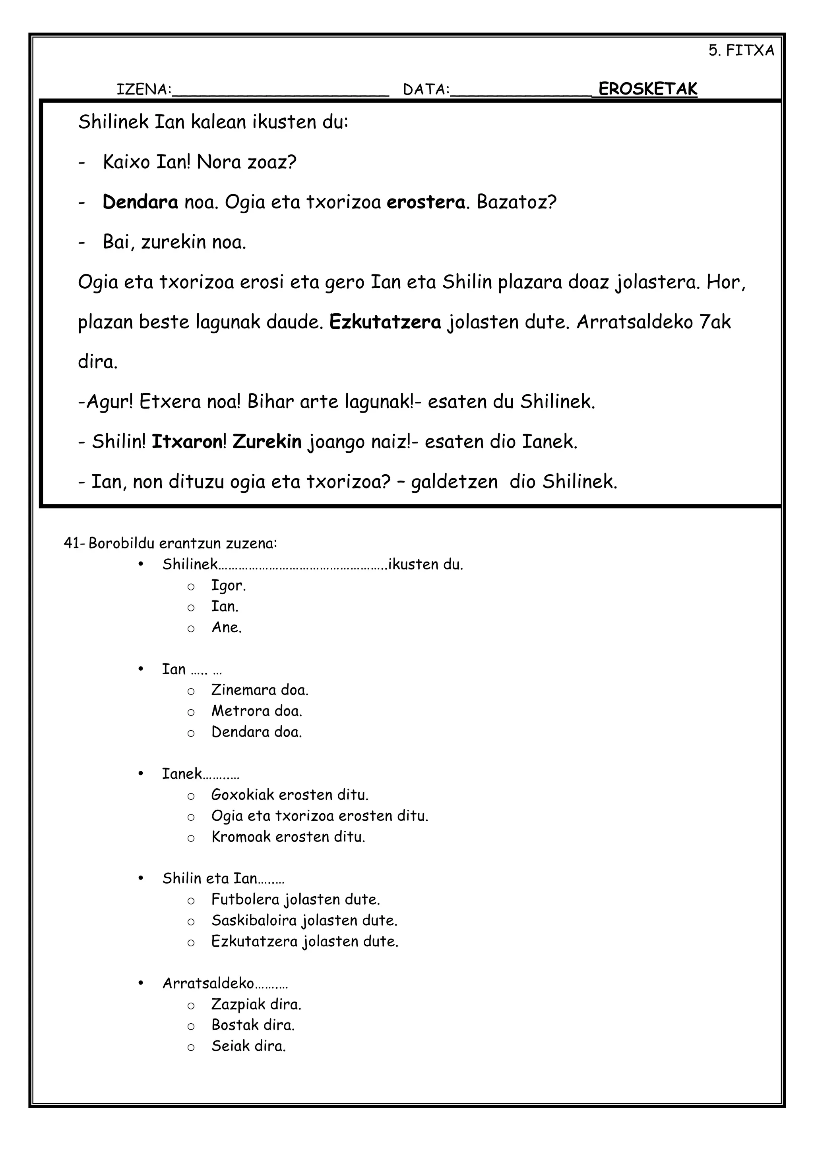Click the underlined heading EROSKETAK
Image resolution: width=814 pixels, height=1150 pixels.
[647, 89]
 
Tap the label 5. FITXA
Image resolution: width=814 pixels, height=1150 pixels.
[741, 50]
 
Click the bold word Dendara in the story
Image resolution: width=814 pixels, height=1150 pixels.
[140, 203]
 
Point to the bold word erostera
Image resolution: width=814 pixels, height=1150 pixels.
[426, 203]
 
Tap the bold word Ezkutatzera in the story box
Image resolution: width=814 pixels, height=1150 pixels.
[385, 322]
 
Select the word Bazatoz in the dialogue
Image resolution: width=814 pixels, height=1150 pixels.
[516, 203]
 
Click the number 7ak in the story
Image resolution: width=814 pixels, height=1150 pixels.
[715, 322]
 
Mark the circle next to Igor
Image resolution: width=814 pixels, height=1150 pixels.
[191, 587]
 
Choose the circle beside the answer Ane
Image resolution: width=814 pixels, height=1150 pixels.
[191, 629]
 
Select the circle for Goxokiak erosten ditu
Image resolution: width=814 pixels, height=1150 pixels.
[191, 796]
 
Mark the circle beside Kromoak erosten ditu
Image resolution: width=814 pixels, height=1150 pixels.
[191, 838]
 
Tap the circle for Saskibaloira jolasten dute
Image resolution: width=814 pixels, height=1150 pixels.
[191, 922]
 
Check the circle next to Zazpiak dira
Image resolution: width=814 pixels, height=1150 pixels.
[191, 1005]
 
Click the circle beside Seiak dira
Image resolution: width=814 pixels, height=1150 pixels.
[191, 1047]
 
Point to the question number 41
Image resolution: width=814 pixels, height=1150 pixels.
[72, 544]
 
